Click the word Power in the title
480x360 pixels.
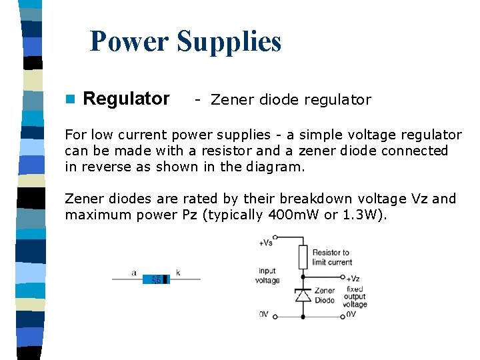129,41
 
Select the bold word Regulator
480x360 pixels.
126,99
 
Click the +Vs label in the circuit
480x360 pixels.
265,243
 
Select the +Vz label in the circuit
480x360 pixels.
353,278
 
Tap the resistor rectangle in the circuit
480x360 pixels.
303,257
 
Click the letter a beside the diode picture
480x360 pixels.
134,272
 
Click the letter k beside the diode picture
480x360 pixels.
178,272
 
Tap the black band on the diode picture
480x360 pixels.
167,279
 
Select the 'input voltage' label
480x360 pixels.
267,276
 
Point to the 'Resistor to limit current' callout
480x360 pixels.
331,257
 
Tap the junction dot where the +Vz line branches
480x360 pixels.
303,277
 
